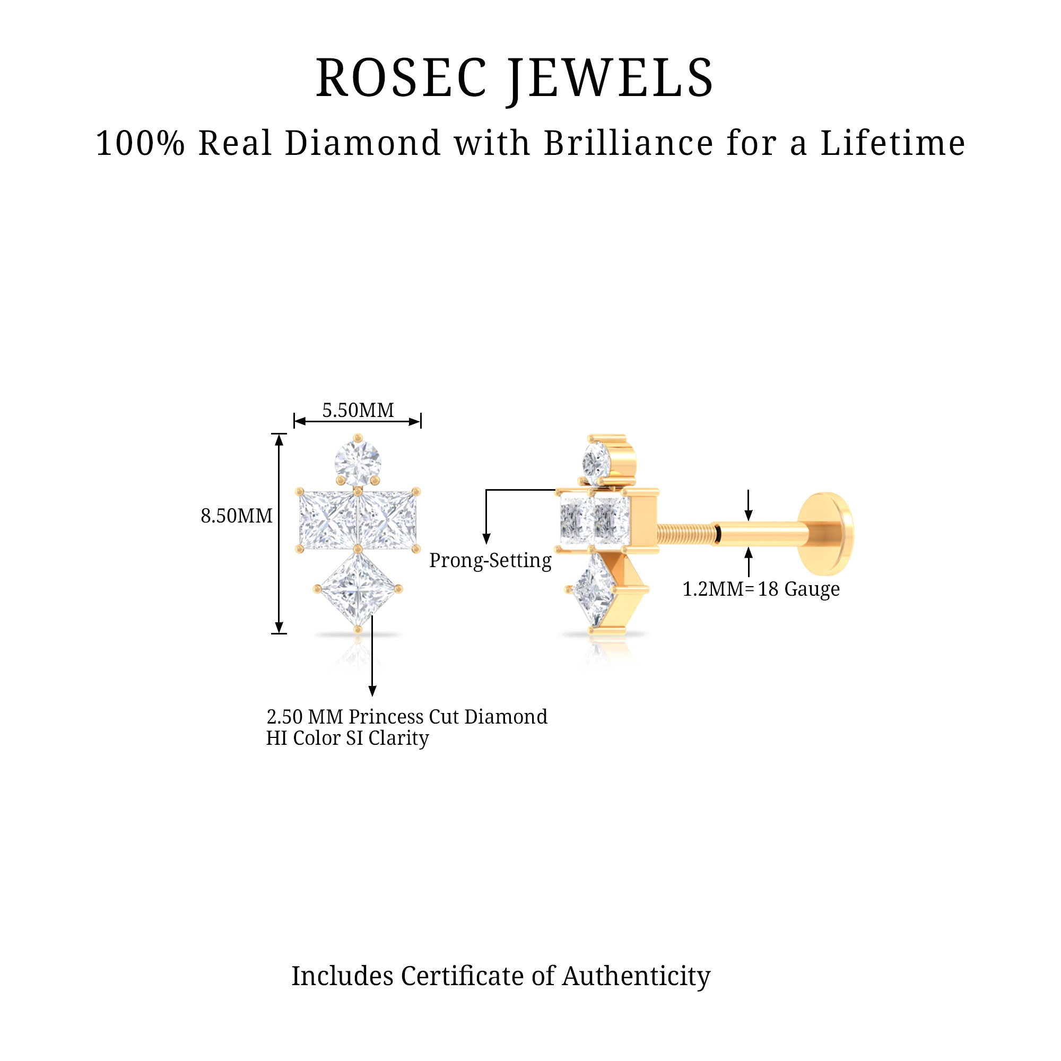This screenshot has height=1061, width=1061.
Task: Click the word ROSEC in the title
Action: [x=402, y=79]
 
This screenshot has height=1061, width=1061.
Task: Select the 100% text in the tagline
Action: [x=140, y=143]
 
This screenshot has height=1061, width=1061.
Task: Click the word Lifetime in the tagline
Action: [x=892, y=143]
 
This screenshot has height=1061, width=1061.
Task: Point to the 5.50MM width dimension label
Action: [x=358, y=410]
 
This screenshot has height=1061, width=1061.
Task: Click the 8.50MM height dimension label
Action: [x=236, y=516]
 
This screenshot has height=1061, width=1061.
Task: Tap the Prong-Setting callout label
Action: [x=490, y=560]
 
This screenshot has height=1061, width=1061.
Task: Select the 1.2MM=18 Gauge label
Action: [x=761, y=589]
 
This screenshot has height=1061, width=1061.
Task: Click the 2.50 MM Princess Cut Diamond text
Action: [x=406, y=717]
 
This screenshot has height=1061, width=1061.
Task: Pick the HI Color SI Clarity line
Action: [x=347, y=738]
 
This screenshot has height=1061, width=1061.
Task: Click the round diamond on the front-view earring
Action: [x=358, y=463]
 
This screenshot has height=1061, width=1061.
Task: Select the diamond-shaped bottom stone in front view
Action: [x=358, y=589]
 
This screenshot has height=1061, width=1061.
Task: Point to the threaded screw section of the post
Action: [x=684, y=534]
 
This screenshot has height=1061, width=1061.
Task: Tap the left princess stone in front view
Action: [x=327, y=519]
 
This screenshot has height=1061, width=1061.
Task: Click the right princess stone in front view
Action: [x=388, y=519]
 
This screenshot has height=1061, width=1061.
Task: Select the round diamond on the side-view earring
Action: [x=597, y=462]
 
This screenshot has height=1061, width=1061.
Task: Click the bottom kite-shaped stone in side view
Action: [x=594, y=590]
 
